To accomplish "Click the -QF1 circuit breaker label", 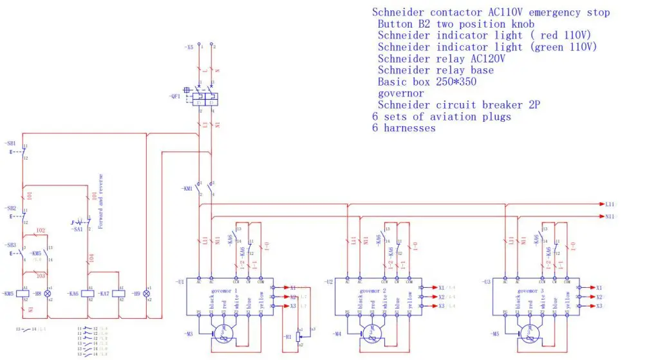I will (174, 97).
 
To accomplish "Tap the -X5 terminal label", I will (187, 48).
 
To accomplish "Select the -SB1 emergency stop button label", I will (10, 143).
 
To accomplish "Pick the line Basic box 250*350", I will (429, 82).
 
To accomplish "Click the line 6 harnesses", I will (404, 128).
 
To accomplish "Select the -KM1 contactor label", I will (188, 189).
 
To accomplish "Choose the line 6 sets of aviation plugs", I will (441, 117).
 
